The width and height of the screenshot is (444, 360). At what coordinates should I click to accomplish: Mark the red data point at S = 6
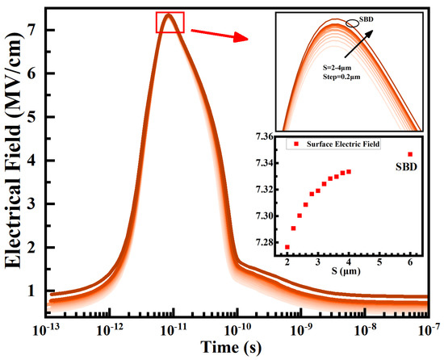tap(410, 154)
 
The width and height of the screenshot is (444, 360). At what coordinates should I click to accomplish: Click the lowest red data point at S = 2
tap(287, 247)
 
